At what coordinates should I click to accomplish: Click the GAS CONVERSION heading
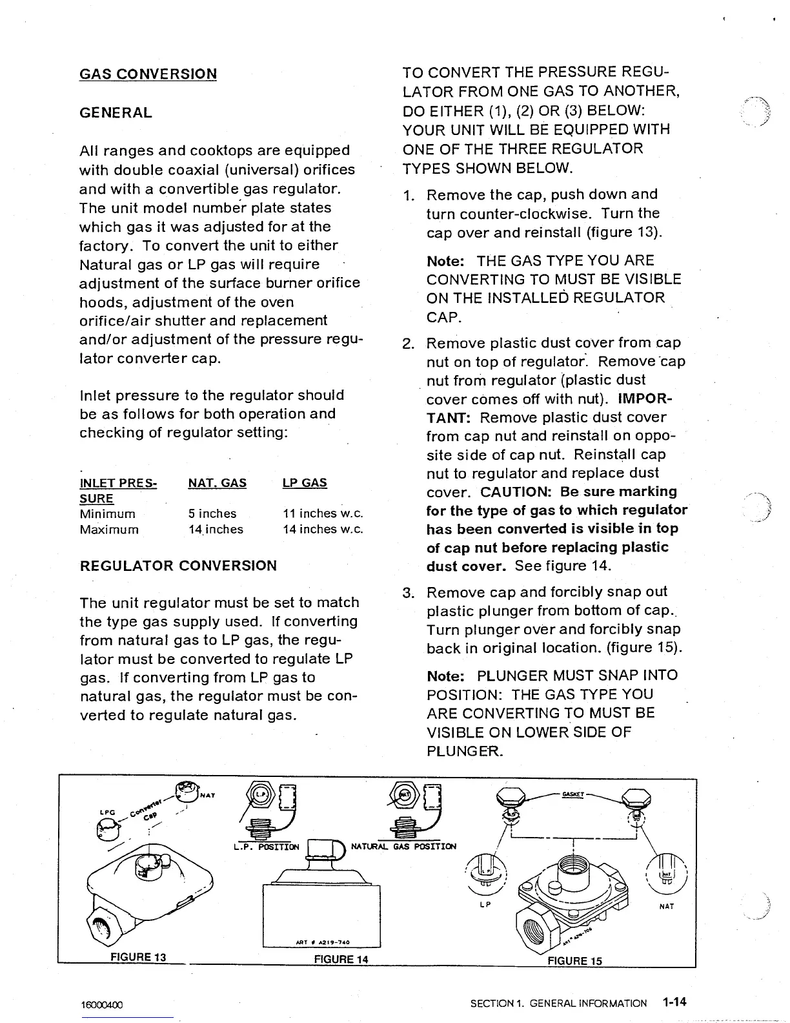(148, 74)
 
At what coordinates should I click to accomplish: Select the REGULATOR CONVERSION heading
(177, 566)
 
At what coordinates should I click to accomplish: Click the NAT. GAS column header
(217, 483)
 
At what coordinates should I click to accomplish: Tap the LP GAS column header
(305, 483)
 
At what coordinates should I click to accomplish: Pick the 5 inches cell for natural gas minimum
(212, 514)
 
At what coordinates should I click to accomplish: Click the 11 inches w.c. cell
(323, 514)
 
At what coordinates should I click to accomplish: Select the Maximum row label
(108, 530)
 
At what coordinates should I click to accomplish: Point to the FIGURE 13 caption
(139, 957)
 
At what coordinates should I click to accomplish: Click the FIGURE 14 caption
(341, 960)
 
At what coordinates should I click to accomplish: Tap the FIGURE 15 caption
(574, 961)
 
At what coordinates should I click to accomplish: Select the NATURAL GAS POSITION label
(403, 847)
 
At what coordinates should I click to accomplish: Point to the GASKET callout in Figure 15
(572, 794)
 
